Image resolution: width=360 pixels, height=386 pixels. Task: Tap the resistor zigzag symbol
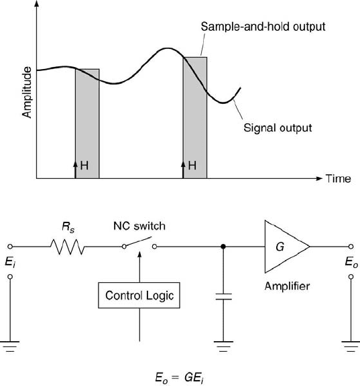(67, 247)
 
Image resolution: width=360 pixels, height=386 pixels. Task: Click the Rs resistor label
(68, 227)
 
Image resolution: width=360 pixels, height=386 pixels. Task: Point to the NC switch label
(139, 226)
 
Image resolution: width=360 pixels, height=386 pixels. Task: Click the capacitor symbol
(223, 297)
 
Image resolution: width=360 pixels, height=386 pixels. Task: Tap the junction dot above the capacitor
(223, 247)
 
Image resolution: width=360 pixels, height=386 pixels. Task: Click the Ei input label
(10, 262)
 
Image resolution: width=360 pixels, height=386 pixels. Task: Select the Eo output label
(351, 262)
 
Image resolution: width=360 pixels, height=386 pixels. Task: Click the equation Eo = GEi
(180, 378)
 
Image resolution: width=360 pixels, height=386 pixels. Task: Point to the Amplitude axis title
(27, 92)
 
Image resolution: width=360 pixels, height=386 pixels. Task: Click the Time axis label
(339, 178)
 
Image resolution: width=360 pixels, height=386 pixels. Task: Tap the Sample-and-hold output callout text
(263, 27)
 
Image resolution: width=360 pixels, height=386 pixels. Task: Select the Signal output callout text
(278, 128)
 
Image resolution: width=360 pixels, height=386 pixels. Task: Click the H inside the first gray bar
(84, 166)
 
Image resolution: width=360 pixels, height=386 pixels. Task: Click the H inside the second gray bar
(192, 166)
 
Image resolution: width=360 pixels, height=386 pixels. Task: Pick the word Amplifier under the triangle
(287, 286)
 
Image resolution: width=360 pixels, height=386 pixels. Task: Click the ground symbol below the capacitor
(223, 346)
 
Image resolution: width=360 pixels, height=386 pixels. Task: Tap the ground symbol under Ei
(10, 346)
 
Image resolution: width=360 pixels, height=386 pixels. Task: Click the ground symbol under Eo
(351, 346)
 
